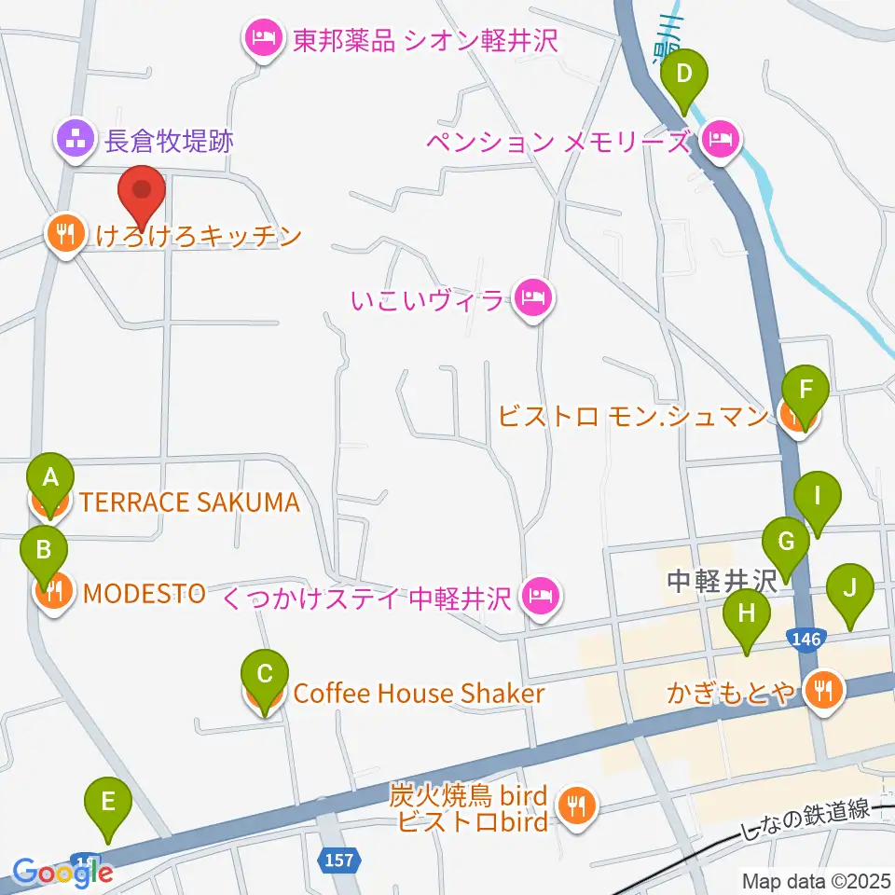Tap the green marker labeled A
tap(51, 481)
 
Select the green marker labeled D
tap(684, 76)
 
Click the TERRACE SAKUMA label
tap(189, 503)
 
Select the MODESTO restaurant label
tap(145, 593)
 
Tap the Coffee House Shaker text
tap(419, 694)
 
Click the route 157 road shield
tap(340, 859)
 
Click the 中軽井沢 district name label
tap(722, 582)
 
